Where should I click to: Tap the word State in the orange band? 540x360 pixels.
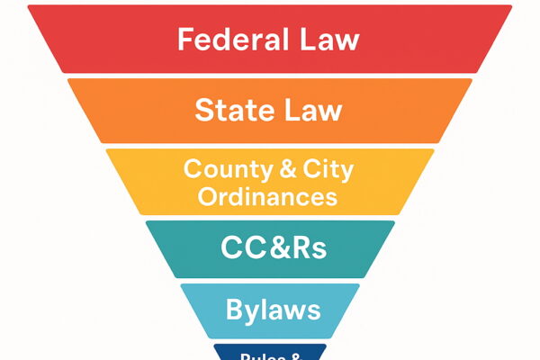tap(231, 111)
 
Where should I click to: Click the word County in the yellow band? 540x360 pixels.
tap(219, 168)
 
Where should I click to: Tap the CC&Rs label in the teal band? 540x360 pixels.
tap(270, 245)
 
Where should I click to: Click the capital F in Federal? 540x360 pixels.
tap(186, 40)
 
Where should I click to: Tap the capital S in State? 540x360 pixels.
tap(203, 111)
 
